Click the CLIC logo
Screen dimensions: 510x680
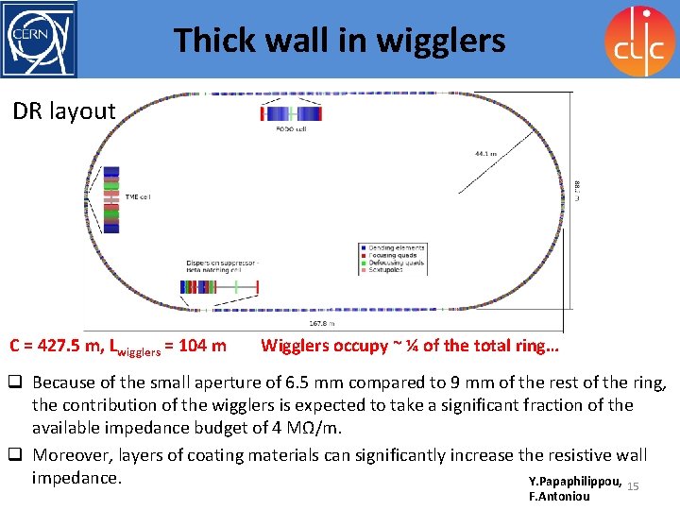pos(639,40)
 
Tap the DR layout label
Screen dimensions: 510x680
pos(64,111)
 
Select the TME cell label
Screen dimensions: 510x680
pos(138,196)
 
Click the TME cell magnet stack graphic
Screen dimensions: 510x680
pos(111,202)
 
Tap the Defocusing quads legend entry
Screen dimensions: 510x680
pos(396,263)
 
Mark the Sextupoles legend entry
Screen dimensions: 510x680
pos(387,270)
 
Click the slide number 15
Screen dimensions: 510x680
pos(633,485)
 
